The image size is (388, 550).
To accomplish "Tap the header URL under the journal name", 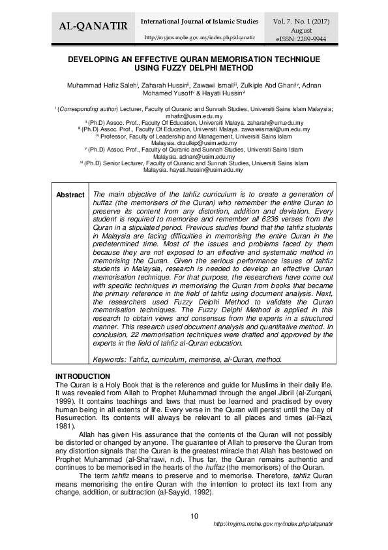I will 199,37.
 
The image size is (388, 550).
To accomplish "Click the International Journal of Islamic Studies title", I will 200,22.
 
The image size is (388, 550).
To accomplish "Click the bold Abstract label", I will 70,195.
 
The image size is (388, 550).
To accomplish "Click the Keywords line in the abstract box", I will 188,359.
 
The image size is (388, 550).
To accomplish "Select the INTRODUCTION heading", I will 82,376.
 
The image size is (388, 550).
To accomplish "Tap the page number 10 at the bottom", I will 194,517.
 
